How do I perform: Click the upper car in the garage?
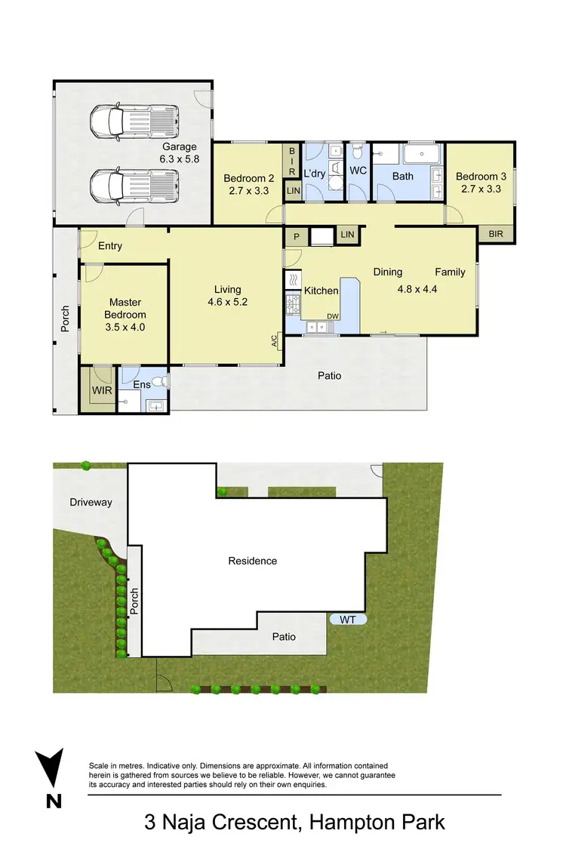coord(134,121)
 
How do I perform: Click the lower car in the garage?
coord(134,185)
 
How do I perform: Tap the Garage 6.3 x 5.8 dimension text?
coord(179,153)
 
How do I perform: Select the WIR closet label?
coord(102,391)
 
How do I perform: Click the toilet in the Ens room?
coord(156,381)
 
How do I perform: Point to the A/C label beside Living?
coord(275,341)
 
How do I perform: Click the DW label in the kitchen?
coord(331,316)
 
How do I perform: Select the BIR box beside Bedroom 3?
coord(496,235)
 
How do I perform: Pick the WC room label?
coord(358,171)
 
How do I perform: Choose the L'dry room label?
coord(315,174)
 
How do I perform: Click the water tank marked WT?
coord(348,619)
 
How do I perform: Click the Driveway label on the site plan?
coord(91,502)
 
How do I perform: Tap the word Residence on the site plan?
coord(253,561)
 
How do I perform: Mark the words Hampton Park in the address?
coord(377,821)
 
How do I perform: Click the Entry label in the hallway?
coord(110,246)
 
